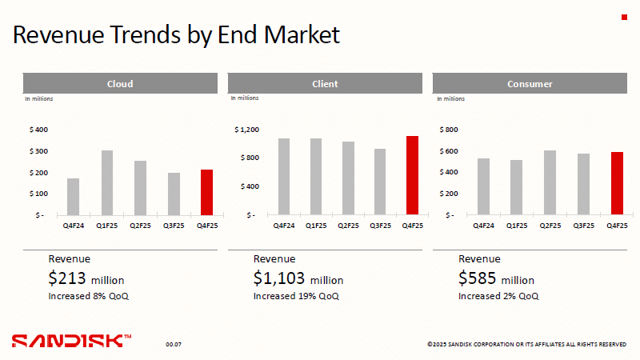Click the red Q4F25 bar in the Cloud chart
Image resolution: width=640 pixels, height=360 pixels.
207,192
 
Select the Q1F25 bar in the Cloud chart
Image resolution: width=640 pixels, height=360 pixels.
107,183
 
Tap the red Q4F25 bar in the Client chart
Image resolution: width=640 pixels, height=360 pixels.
412,175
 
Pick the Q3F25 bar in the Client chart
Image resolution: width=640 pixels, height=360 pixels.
380,182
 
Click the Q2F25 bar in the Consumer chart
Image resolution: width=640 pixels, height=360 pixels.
550,182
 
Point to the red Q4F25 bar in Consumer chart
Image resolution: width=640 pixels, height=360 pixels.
617,183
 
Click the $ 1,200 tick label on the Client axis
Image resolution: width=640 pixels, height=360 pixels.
246,130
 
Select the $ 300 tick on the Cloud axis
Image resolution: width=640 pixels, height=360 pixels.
38,151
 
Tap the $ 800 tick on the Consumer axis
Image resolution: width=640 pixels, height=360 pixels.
449,130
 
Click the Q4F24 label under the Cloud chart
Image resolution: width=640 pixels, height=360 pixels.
74,226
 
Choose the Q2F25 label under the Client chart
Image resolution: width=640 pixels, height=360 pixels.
348,226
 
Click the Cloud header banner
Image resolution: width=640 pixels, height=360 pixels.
120,83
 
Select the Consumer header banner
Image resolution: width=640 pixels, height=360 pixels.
530,83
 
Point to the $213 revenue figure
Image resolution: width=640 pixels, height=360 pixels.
67,278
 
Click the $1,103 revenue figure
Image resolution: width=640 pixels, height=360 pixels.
278,278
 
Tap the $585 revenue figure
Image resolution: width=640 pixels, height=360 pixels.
477,278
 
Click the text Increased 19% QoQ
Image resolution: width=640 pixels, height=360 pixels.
296,296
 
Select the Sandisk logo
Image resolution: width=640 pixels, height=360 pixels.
71,341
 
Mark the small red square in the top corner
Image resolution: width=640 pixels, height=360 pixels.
624,17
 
